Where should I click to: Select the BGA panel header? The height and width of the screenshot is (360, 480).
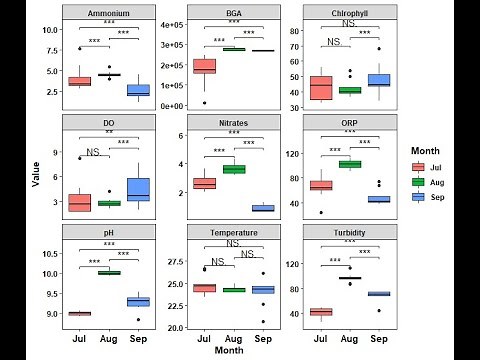coord(233,12)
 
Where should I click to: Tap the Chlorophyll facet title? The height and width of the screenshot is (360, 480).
coord(349,12)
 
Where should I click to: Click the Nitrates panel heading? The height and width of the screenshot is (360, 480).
coord(233,122)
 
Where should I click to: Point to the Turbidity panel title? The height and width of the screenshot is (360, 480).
coord(349,232)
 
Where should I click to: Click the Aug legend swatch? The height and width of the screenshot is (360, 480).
coord(419,182)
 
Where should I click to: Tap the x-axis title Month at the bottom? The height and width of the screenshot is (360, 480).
coord(233,351)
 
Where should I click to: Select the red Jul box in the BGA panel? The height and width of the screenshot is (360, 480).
coord(204,66)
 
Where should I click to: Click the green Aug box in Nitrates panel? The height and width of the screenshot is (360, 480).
coord(233,169)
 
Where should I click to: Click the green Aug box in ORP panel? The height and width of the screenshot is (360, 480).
coord(349,164)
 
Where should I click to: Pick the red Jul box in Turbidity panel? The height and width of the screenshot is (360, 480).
coord(320,311)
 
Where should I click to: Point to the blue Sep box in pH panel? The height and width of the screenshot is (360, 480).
coord(138,301)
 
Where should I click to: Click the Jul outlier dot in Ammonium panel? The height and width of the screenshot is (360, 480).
coord(80,48)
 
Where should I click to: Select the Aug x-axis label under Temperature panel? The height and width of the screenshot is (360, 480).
coord(233,338)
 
